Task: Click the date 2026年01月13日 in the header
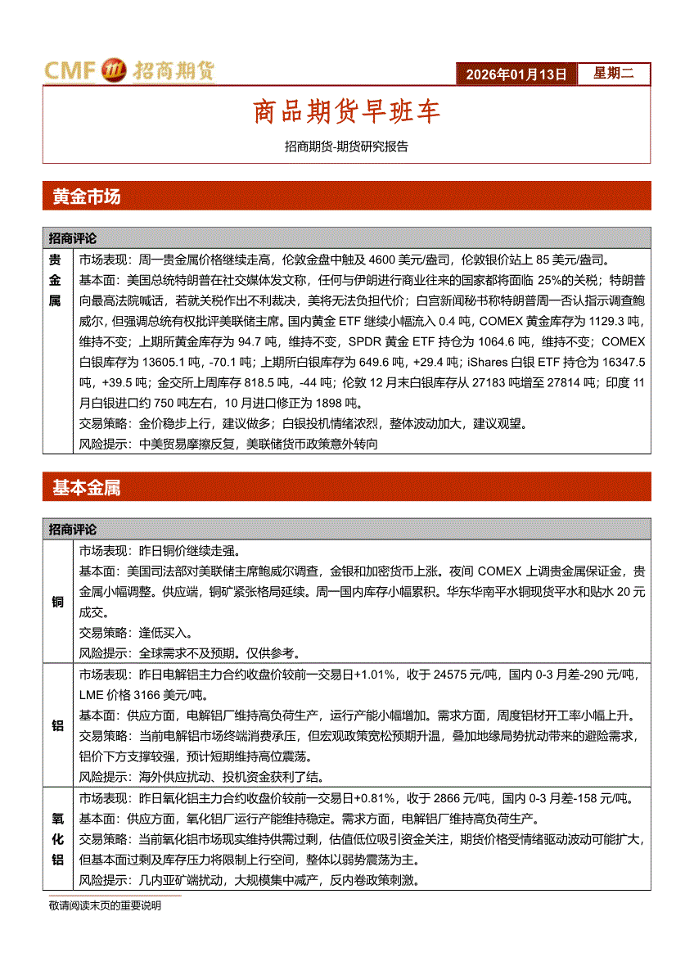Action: (516, 74)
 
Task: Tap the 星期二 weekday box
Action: (613, 74)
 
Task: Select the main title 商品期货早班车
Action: (346, 112)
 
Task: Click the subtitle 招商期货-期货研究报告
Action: (346, 147)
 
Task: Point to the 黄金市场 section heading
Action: (86, 196)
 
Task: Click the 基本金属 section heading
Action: (86, 488)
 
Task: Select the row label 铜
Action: (57, 603)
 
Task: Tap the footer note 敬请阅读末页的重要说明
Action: (104, 905)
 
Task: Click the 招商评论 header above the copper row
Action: (72, 530)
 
